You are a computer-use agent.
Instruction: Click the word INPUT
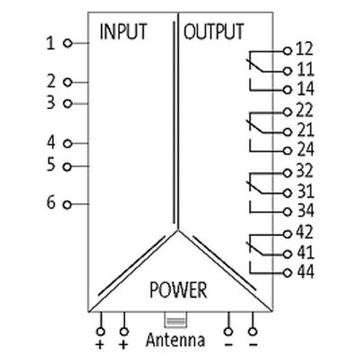(123, 31)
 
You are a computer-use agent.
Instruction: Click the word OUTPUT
(213, 31)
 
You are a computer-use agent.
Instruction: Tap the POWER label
(178, 290)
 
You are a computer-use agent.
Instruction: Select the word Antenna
(175, 340)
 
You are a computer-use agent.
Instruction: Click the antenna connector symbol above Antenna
(175, 320)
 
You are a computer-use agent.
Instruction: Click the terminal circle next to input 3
(68, 103)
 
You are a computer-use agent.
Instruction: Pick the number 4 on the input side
(51, 142)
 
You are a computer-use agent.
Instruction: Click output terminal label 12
(304, 49)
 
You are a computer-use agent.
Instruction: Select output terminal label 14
(305, 89)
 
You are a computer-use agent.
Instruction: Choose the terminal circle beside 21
(288, 131)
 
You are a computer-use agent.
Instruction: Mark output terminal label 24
(305, 149)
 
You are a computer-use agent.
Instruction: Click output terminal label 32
(304, 171)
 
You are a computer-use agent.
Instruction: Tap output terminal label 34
(305, 211)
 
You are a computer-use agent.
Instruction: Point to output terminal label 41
(305, 252)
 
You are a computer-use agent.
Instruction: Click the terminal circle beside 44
(288, 273)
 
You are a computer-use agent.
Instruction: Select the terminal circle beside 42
(288, 234)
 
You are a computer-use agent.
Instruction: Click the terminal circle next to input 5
(67, 166)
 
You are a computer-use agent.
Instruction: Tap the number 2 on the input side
(51, 82)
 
